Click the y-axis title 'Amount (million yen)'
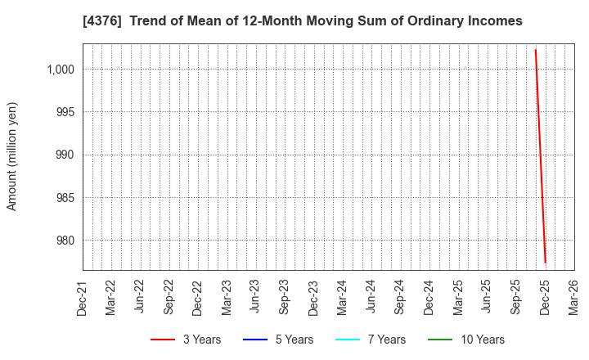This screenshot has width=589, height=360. (x=12, y=156)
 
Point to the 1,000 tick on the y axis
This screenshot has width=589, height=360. (x=61, y=70)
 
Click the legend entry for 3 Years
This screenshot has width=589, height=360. (x=186, y=340)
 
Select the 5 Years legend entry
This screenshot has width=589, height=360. (x=278, y=340)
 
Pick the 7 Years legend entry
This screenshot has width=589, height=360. (x=371, y=340)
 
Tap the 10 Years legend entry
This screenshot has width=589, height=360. (x=466, y=340)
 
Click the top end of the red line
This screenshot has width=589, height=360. (x=535, y=50)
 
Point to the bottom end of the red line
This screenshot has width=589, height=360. (x=545, y=263)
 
